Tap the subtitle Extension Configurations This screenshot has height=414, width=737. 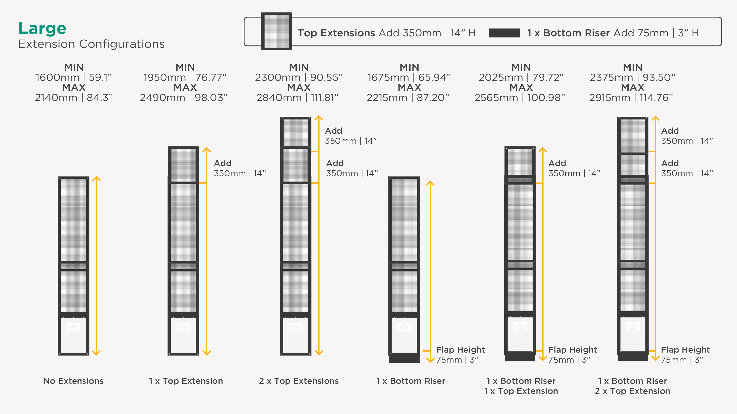click(x=92, y=44)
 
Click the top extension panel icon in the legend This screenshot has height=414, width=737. click(x=276, y=31)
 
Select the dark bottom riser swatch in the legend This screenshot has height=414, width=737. click(x=504, y=33)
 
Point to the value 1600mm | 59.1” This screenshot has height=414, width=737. click(x=74, y=77)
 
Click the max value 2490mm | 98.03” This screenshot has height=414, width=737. click(x=184, y=98)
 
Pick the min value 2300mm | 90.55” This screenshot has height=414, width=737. click(x=299, y=77)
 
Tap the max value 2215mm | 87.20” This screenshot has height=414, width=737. click(x=408, y=98)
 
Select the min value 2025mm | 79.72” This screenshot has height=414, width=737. click(x=521, y=77)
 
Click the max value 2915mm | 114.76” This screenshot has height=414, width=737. click(x=631, y=98)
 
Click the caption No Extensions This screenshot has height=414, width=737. click(x=73, y=381)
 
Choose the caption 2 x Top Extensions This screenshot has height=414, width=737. click(x=299, y=381)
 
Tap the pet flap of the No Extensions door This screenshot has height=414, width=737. click(x=73, y=335)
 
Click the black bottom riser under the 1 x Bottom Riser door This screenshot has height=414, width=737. click(x=404, y=358)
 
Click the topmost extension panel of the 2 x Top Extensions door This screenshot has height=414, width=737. click(x=296, y=132)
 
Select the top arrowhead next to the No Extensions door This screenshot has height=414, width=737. click(x=96, y=179)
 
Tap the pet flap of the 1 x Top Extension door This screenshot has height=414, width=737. click(x=184, y=335)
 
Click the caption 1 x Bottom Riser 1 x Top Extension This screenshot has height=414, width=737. click(x=521, y=386)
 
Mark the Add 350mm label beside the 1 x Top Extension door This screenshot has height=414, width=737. click(x=240, y=168)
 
